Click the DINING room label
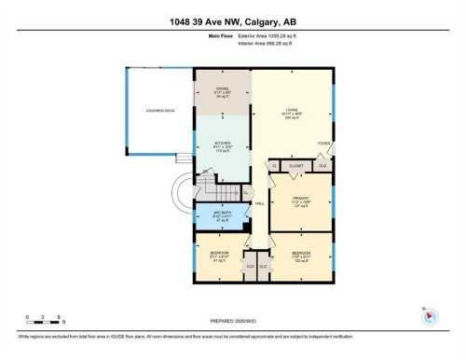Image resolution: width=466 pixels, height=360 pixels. tap(222, 89)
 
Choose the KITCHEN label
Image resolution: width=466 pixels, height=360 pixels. tap(222, 145)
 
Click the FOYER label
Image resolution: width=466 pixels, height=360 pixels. tap(322, 143)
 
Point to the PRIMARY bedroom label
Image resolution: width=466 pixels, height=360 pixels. tap(299, 198)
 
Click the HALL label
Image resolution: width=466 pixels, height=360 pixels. tap(260, 203)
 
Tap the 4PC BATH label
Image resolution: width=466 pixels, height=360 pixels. tap(221, 213)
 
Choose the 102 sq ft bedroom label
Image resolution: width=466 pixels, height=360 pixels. tap(300, 253)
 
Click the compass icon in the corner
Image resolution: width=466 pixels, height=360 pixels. tap(430, 315)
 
